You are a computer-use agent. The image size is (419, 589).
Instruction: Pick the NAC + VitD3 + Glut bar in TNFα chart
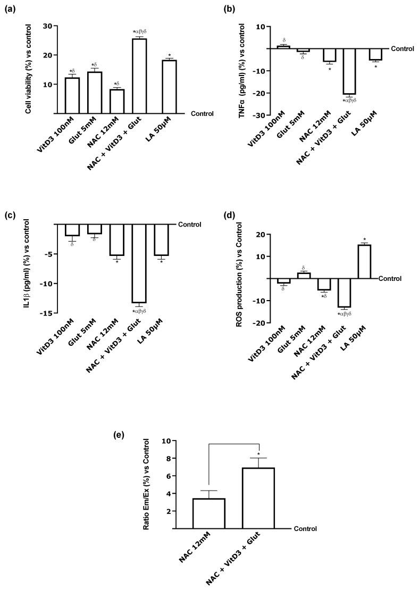[x=350, y=71]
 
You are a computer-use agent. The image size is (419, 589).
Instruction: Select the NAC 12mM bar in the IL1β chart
[x=116, y=240]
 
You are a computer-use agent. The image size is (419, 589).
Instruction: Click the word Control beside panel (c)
[x=189, y=224]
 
